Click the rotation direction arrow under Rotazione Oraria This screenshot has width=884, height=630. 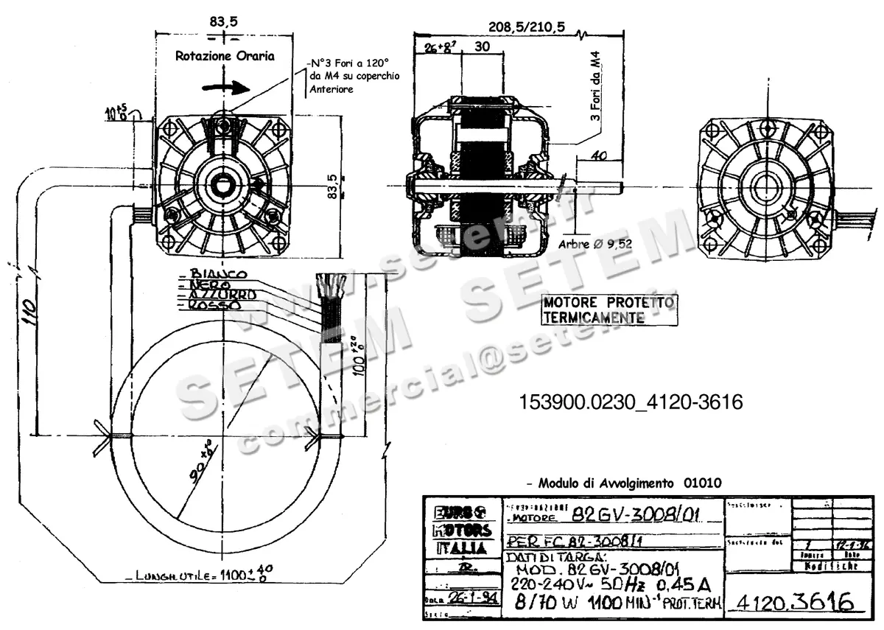(x=228, y=86)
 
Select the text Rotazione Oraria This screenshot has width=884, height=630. (x=225, y=56)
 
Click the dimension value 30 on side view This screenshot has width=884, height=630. (x=483, y=46)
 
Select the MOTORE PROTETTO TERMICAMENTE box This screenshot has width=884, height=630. (x=608, y=310)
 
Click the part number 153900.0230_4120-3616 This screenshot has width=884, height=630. (x=631, y=402)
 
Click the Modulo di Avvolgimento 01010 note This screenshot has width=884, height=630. (x=625, y=483)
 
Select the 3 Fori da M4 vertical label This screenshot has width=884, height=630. (x=597, y=92)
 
